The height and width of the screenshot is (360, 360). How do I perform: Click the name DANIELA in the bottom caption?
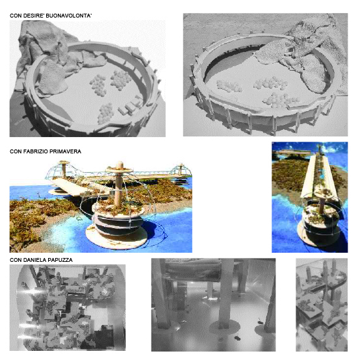point(34,260)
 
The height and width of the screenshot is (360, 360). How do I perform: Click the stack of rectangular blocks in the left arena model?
point(130,106)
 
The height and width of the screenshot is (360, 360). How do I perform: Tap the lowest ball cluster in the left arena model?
point(106,113)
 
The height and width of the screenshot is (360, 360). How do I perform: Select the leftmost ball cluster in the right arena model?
point(229,86)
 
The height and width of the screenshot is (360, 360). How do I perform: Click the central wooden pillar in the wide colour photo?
point(118,184)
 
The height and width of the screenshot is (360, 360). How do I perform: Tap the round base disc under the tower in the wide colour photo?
point(116,238)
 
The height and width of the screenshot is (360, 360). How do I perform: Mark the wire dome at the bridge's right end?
point(181,170)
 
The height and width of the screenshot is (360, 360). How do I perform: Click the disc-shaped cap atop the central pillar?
point(120,170)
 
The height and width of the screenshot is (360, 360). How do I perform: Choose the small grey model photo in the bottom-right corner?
point(322,305)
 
